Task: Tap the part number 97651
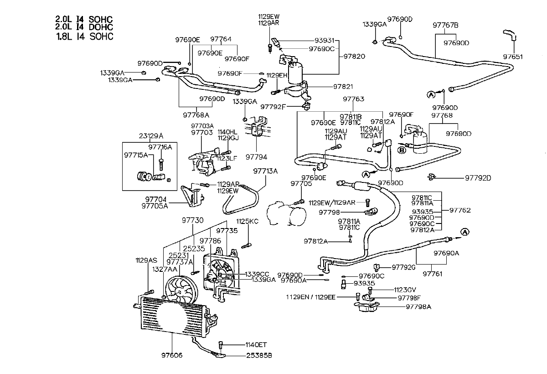(513, 57)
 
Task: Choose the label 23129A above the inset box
(151, 135)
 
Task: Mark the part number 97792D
(478, 177)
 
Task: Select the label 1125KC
(247, 221)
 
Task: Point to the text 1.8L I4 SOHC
(84, 36)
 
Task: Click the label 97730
(193, 220)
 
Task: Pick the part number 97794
(256, 156)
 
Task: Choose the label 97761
(433, 274)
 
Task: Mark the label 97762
(460, 210)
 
